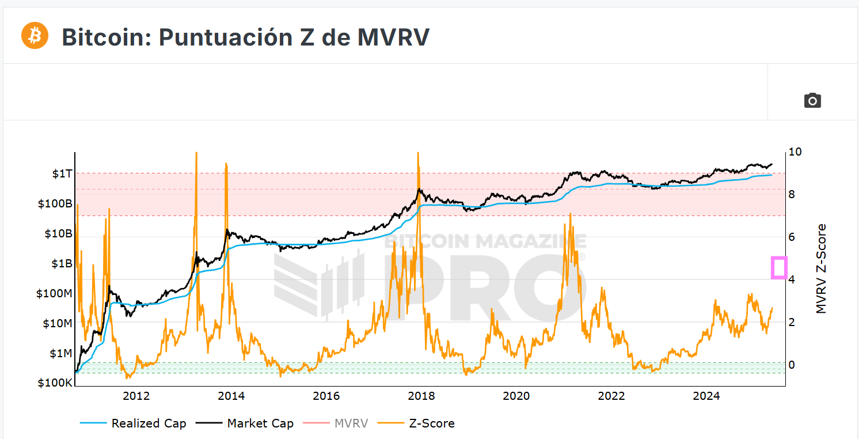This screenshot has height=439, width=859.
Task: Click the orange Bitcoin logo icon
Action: point(35,36)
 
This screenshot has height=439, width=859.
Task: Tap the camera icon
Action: point(812,100)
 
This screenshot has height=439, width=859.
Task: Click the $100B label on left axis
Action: point(55,203)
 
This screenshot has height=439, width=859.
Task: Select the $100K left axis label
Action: point(55,383)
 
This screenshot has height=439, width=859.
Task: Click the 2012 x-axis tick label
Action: point(136,396)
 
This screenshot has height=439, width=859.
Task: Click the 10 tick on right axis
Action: point(795,152)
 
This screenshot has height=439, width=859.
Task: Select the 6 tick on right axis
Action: point(792,237)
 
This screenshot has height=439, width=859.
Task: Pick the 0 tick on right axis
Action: point(792,365)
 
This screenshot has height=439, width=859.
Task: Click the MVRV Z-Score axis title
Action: point(822,268)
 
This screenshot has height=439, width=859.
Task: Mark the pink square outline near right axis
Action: point(779,268)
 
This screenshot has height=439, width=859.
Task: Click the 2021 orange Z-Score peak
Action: point(570,214)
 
